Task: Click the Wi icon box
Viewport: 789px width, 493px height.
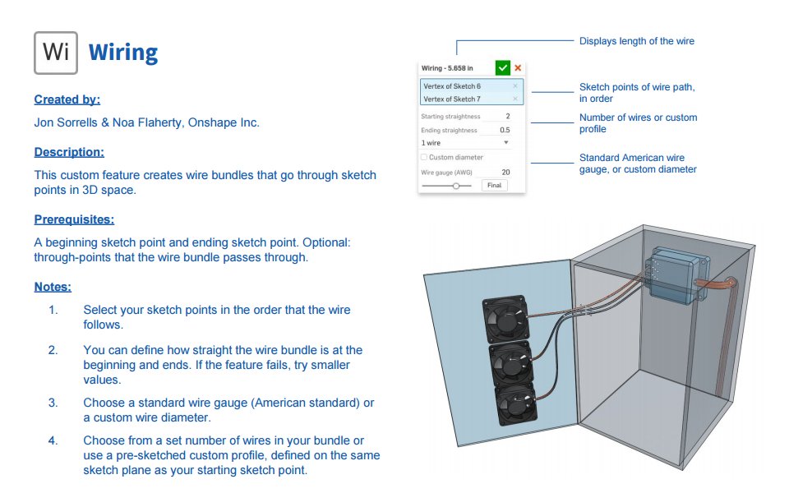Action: pos(56,53)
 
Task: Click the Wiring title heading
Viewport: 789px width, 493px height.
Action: pos(122,53)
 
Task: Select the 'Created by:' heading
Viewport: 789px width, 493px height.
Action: pos(67,99)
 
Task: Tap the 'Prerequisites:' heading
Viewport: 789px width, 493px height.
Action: pos(74,219)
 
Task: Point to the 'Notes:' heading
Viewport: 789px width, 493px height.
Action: pos(53,287)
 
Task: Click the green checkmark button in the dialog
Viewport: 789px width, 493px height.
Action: pos(502,68)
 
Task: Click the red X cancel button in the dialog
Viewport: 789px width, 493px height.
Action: pos(518,68)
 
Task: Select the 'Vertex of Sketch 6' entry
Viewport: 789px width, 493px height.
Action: pos(452,86)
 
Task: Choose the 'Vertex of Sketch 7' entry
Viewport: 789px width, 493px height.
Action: pos(452,99)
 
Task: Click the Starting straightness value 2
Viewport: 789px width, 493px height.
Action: pos(507,117)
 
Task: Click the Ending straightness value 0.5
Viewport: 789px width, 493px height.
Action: pos(504,130)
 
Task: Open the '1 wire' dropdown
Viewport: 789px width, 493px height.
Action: pos(465,143)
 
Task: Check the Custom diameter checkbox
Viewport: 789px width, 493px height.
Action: pos(424,157)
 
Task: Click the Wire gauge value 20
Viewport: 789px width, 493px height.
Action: pos(505,172)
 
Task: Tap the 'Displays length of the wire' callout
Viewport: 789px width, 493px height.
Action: pos(636,41)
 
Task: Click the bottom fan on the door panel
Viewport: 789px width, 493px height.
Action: pos(513,405)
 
